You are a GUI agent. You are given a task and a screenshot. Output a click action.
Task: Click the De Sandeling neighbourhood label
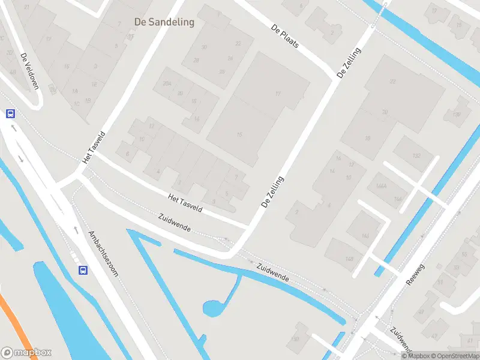[164, 22]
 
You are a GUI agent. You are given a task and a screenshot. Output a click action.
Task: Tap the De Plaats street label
[285, 37]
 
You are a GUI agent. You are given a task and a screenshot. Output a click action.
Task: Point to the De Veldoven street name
[29, 71]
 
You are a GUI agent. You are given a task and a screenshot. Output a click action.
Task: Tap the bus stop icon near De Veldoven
[11, 113]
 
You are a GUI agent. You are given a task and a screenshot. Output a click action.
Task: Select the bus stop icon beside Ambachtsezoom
[83, 270]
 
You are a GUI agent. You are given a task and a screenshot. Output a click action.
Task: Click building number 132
[416, 155]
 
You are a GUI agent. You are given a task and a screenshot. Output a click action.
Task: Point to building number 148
[349, 259]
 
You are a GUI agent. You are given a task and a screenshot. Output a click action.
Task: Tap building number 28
[196, 60]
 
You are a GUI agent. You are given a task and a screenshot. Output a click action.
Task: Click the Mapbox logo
[26, 353]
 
